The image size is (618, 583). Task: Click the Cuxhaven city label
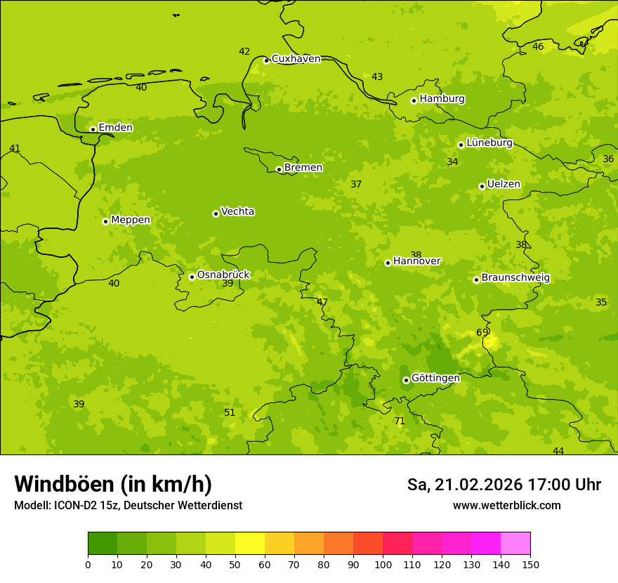[x=296, y=59]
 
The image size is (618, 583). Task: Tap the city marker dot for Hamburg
[x=414, y=100]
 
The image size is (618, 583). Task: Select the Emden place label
[x=115, y=128]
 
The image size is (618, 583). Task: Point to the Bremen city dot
[x=279, y=169]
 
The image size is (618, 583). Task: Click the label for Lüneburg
[x=489, y=143]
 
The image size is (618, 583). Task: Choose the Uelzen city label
[x=504, y=185]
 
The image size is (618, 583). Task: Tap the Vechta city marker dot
[x=216, y=214]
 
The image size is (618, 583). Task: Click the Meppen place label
[x=131, y=220]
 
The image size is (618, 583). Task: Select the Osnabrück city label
[x=223, y=275]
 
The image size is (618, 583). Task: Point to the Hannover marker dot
[x=388, y=263]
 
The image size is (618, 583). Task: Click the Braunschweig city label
[x=515, y=278]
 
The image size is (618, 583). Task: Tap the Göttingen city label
[x=435, y=378]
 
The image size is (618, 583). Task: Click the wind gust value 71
[x=400, y=421]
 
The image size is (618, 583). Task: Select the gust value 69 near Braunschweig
[x=482, y=333]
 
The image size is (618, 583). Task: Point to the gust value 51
[x=230, y=413]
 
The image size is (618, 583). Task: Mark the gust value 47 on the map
[x=322, y=303]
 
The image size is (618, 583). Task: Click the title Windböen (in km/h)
[x=113, y=484]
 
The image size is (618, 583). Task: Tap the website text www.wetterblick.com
[x=506, y=506]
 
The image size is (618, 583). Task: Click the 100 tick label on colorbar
[x=383, y=565]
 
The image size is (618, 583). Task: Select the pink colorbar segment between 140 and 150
[x=515, y=544]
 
